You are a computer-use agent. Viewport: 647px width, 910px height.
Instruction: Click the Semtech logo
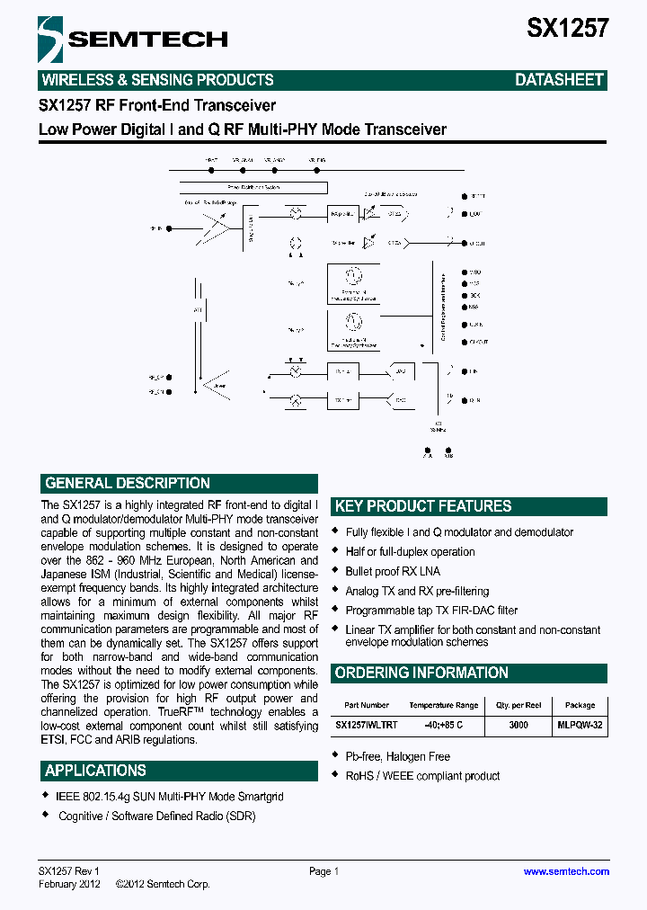tap(132, 38)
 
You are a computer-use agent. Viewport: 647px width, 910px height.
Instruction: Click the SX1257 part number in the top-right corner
tap(567, 28)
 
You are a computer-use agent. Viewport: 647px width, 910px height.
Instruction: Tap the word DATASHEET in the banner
tap(558, 80)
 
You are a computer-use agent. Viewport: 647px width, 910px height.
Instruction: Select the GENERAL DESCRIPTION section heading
tap(128, 483)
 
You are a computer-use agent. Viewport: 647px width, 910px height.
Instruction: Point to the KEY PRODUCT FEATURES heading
tap(422, 506)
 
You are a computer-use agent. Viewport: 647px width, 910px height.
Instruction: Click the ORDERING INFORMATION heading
tap(421, 673)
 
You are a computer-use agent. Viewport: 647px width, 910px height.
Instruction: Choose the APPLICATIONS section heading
tap(95, 771)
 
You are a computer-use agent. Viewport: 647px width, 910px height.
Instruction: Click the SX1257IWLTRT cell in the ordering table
tap(367, 725)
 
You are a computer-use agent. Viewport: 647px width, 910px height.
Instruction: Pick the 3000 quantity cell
tap(518, 725)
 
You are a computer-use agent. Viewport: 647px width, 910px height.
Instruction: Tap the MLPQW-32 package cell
tap(580, 725)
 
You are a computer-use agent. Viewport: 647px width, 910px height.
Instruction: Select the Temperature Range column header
tap(443, 706)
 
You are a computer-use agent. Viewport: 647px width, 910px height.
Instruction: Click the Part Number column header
tap(367, 706)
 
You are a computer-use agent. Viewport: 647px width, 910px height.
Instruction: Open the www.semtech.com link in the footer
tap(566, 871)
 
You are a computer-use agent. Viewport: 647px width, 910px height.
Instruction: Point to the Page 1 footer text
tap(323, 871)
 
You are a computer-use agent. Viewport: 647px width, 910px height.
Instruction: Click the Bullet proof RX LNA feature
tap(393, 572)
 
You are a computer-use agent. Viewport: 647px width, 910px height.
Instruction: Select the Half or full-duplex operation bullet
tap(410, 552)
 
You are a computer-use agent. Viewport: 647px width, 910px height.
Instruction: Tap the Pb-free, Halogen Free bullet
tap(397, 757)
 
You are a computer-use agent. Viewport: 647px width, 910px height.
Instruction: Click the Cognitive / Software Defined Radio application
tap(156, 816)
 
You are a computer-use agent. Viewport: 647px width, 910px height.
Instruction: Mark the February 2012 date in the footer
tap(70, 885)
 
